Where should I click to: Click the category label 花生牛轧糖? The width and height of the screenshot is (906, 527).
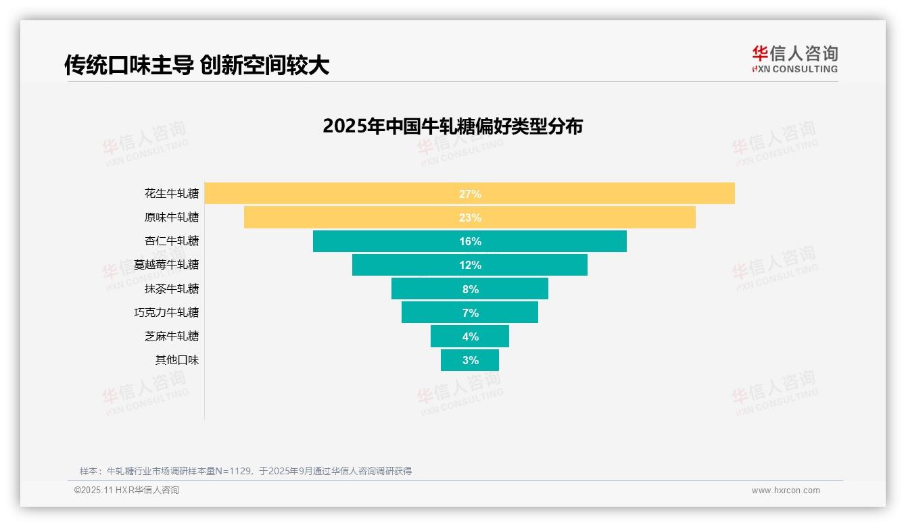[x=172, y=194]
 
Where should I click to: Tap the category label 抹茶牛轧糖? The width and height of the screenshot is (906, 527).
[x=172, y=289]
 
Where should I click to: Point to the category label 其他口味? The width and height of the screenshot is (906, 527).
[x=177, y=360]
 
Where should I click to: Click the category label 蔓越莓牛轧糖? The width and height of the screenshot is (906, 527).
[x=166, y=265]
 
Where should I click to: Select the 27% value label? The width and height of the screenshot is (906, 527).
[x=470, y=194]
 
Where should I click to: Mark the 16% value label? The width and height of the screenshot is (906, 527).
[x=470, y=241]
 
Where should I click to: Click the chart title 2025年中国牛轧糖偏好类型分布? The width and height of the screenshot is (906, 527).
[x=452, y=126]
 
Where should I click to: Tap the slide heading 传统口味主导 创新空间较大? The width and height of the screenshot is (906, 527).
[x=196, y=65]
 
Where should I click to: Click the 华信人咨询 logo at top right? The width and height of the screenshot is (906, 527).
[x=794, y=59]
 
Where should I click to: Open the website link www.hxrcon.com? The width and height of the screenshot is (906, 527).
[x=786, y=491]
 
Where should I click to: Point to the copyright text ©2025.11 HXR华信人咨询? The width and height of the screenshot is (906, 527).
[x=126, y=491]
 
